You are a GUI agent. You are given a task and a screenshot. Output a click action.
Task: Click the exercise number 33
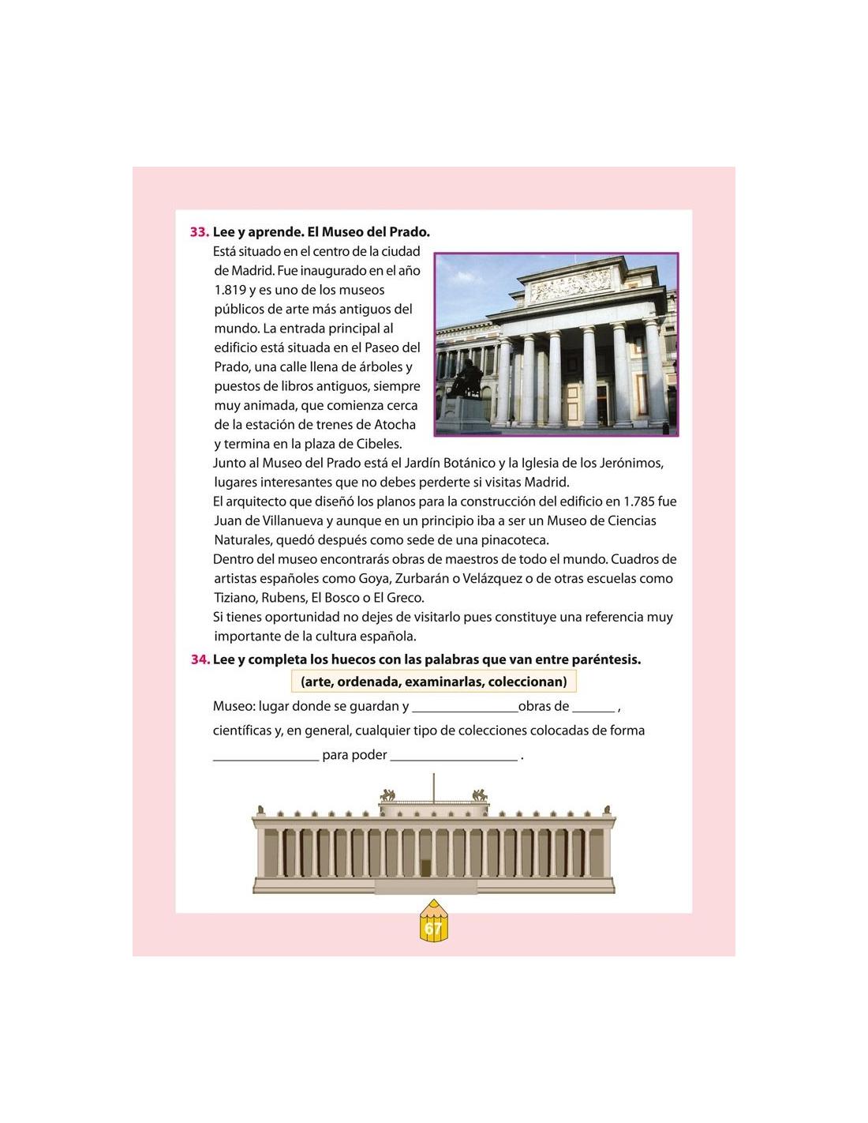tap(199, 232)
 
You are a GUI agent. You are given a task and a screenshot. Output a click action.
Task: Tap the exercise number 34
tap(200, 659)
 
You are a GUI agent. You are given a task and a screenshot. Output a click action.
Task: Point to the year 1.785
tap(640, 501)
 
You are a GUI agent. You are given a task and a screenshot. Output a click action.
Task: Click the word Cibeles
tap(378, 444)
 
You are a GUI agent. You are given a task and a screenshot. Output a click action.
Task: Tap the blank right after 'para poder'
tap(454, 757)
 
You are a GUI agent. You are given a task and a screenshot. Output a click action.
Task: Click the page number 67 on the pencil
tap(433, 929)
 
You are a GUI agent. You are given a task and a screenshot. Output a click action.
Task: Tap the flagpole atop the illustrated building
tap(433, 787)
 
